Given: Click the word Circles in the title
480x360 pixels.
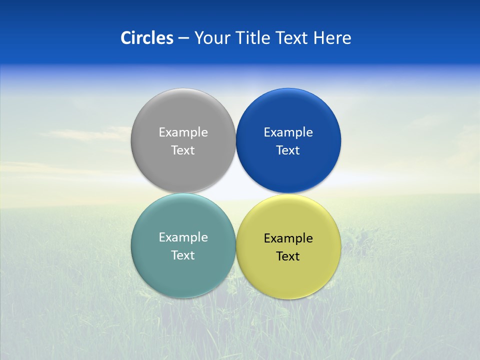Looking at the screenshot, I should [x=147, y=38].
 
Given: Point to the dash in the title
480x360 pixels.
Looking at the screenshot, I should [x=183, y=38].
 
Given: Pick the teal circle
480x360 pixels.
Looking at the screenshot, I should [x=183, y=270].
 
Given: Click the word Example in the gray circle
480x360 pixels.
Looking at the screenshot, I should [x=183, y=132].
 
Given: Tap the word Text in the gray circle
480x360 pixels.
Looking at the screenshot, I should [x=183, y=150].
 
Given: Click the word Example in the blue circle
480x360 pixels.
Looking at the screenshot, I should [x=288, y=132].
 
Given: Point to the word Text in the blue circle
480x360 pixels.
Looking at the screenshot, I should [x=288, y=150].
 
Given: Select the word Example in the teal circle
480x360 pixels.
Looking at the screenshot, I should [x=183, y=237].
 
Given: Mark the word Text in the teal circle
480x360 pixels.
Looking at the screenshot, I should [x=183, y=255].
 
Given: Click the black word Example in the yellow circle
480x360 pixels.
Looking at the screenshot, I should [x=288, y=238].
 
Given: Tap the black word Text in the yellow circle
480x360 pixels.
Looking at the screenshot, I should [x=288, y=256].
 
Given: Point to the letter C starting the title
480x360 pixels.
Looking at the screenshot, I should [x=125, y=38].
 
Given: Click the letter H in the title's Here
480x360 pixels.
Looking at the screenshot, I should [x=319, y=38].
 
